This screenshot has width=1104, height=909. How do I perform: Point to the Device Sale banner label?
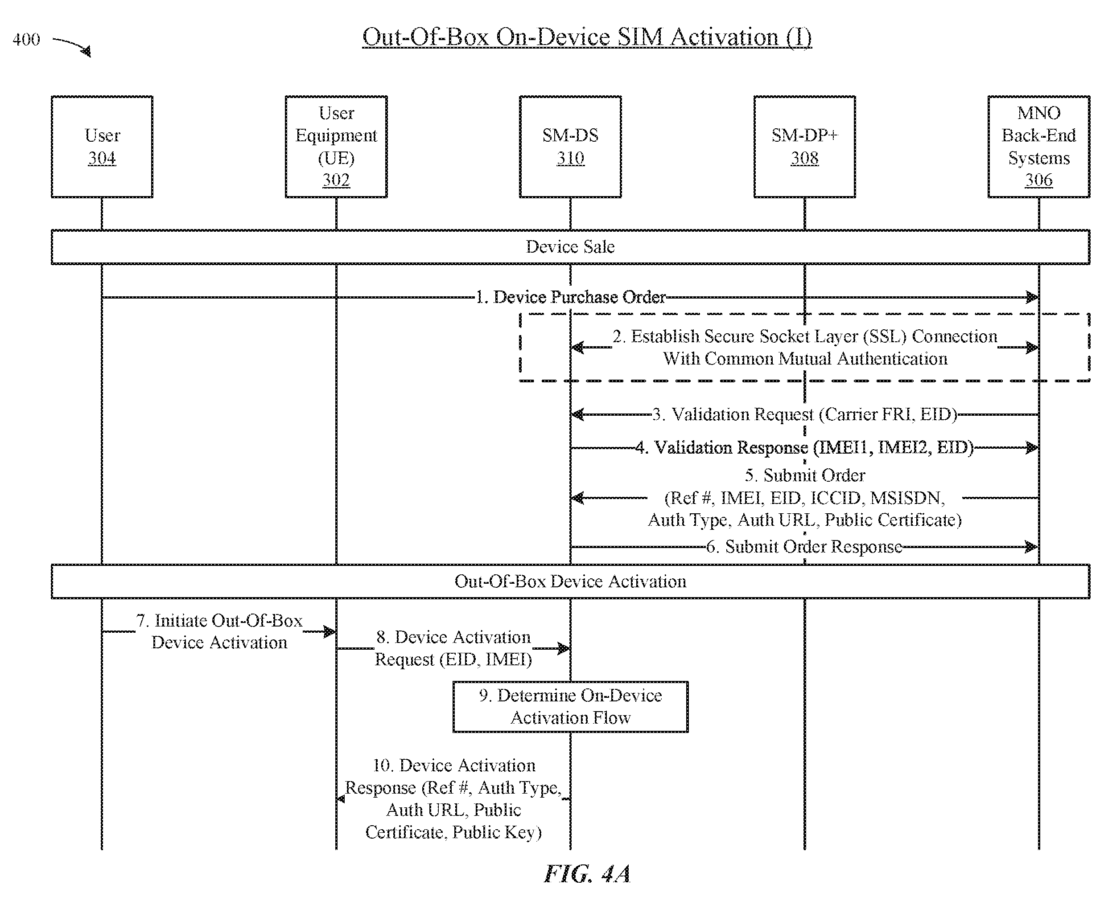pos(570,246)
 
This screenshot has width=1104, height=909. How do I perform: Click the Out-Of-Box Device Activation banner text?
pos(570,581)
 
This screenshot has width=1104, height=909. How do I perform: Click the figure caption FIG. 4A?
pos(587,873)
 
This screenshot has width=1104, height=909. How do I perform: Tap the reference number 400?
pos(26,39)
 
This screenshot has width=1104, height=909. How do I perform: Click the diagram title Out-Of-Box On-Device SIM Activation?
pos(587,37)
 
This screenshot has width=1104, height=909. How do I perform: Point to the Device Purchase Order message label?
pos(570,297)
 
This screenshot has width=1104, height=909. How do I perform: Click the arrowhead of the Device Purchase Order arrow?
pos(1032,297)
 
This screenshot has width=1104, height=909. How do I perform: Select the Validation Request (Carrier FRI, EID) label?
pos(804,414)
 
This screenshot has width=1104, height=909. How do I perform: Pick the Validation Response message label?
pos(804,447)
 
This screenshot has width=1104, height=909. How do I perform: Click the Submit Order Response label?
pos(804,547)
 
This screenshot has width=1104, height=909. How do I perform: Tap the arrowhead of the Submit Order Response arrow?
pos(1032,547)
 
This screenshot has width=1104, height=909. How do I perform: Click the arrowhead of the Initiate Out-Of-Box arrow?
pos(330,631)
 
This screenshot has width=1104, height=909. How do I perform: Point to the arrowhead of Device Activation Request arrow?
pos(564,649)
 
